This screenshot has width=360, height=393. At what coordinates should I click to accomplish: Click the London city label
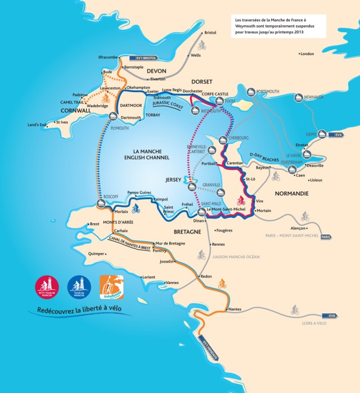(x=307, y=54)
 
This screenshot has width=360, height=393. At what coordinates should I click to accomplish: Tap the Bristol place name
(x=210, y=33)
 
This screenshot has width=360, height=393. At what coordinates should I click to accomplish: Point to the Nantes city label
(x=236, y=310)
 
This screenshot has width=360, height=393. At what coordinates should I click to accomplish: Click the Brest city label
(x=94, y=224)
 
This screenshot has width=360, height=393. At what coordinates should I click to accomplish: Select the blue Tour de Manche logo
(x=78, y=287)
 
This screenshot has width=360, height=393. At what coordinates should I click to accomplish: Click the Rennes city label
(x=218, y=245)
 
